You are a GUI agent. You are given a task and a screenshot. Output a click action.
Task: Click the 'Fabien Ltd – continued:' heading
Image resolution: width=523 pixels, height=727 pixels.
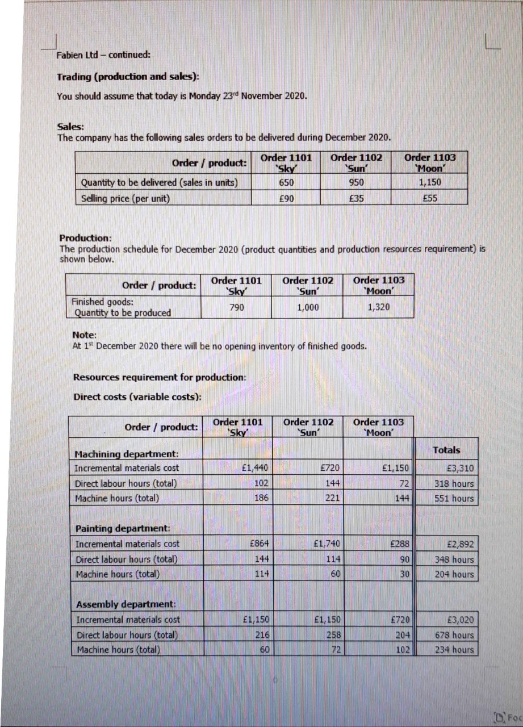(103, 55)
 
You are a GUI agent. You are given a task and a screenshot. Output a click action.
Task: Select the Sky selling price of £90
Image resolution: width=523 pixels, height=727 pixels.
(286, 198)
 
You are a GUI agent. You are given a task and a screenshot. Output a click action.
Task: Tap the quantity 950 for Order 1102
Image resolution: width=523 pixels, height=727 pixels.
(356, 182)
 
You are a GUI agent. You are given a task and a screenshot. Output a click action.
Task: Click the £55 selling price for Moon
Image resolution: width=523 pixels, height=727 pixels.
(429, 198)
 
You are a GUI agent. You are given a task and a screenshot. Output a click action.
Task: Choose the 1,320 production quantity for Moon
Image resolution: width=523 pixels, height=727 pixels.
(378, 307)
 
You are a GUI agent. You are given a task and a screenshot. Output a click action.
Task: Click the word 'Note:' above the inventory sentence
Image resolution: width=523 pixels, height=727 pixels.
(85, 335)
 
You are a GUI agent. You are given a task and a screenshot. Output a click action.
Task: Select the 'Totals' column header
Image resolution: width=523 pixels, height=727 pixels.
(446, 450)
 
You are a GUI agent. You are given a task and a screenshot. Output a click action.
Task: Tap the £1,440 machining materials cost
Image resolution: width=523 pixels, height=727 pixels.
(254, 469)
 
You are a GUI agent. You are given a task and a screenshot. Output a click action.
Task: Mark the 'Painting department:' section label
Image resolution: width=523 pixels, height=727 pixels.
(119, 529)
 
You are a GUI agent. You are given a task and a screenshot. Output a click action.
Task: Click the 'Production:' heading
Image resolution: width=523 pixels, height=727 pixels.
(86, 238)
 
